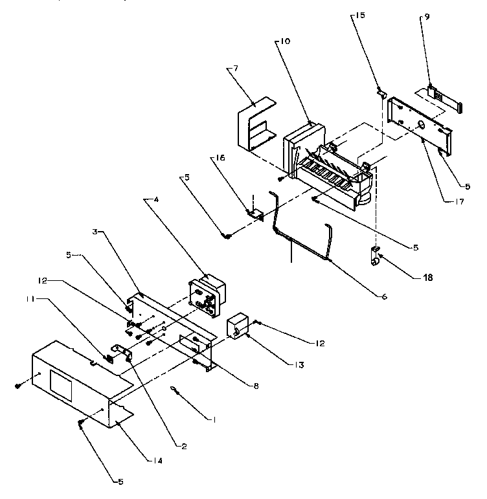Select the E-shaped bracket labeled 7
[x=255, y=126]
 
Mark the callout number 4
[x=156, y=201]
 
